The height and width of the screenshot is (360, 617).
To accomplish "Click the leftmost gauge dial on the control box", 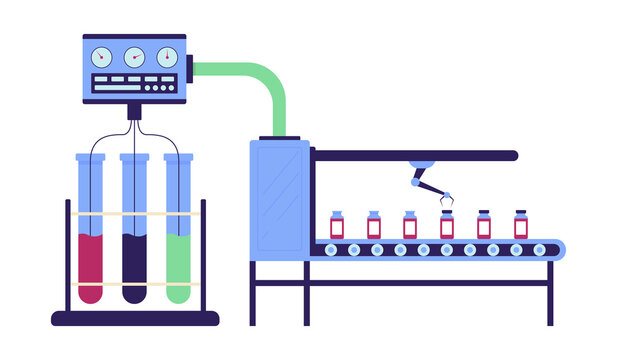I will [x=101, y=57].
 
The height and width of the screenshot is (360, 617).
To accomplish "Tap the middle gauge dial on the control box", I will [x=134, y=57].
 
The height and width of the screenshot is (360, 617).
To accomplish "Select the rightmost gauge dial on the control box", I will [x=167, y=57].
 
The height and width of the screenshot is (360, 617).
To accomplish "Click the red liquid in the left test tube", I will [x=89, y=266].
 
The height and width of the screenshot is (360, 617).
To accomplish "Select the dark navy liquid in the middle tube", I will [x=134, y=266].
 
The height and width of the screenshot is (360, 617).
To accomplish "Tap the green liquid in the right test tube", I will [x=178, y=266].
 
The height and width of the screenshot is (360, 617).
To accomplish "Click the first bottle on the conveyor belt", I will [x=338, y=225].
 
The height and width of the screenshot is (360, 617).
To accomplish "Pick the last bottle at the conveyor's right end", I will [x=521, y=225].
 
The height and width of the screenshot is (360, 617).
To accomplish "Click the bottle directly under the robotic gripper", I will [x=447, y=226].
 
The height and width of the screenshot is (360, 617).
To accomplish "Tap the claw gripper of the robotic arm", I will [x=446, y=200].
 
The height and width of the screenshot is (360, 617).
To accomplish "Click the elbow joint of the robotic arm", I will [x=415, y=181].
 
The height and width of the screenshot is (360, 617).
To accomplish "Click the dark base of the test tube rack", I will [x=134, y=319].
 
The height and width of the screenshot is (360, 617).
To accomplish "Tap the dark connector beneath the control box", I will [x=134, y=106].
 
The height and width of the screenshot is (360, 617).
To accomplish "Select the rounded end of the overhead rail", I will [x=512, y=156].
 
